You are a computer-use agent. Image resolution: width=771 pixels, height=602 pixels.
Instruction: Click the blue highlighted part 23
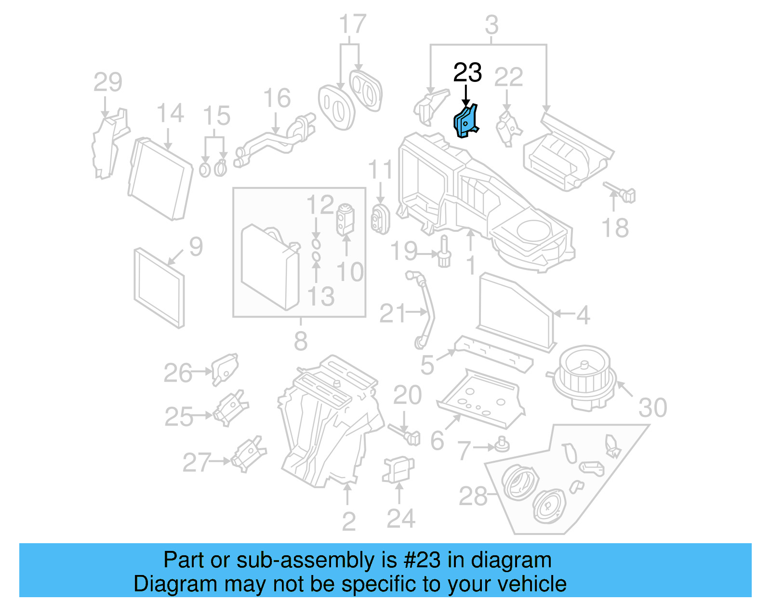(465, 122)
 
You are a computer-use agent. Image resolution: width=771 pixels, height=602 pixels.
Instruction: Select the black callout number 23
(467, 73)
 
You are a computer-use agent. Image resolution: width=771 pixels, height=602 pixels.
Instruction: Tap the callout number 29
(107, 82)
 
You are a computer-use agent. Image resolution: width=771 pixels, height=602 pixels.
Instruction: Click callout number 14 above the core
(170, 114)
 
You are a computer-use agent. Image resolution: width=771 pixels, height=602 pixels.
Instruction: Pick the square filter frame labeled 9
(159, 287)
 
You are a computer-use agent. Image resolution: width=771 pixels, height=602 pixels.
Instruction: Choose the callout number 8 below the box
(301, 341)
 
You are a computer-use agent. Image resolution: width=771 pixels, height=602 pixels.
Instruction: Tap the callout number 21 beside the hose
(393, 313)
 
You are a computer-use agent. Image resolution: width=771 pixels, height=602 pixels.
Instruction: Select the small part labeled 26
(225, 369)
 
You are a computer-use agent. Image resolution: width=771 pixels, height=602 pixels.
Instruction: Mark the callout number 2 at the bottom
(348, 522)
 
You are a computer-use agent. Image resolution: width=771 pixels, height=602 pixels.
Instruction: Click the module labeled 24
(398, 470)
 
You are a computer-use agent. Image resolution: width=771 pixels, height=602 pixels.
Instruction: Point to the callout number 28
(473, 496)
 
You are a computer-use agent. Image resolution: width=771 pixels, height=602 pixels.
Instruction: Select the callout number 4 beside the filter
(583, 315)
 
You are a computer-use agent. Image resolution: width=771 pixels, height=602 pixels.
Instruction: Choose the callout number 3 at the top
(492, 25)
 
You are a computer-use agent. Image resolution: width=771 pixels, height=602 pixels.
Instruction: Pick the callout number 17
(352, 24)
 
